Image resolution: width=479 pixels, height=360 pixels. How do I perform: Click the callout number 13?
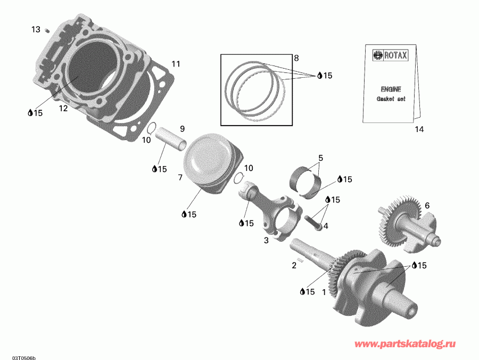(36, 29)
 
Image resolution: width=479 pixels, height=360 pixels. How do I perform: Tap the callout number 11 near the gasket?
(176, 64)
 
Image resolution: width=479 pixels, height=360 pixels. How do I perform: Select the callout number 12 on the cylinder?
(63, 108)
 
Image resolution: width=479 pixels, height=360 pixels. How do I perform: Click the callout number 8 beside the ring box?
(296, 58)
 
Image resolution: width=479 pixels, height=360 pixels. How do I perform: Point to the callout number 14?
(420, 129)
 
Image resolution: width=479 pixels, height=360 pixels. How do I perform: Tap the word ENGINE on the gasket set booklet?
(391, 89)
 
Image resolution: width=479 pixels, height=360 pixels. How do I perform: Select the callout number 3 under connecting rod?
(266, 240)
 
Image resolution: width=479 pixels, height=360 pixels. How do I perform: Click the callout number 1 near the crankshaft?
(324, 291)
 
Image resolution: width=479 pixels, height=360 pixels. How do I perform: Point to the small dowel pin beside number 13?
(47, 30)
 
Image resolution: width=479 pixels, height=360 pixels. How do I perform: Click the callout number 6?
(427, 205)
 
